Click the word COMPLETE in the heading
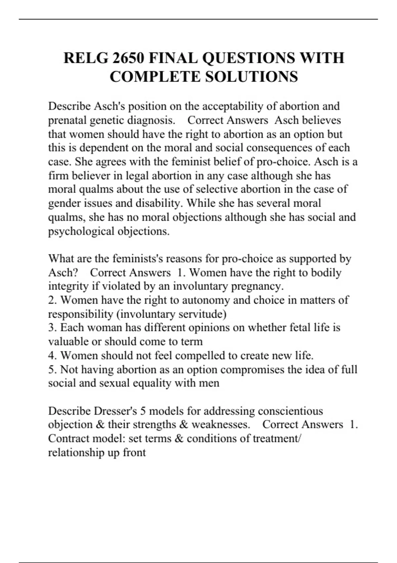click(x=155, y=77)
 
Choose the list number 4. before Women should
click(x=53, y=356)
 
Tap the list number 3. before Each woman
click(x=53, y=328)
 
